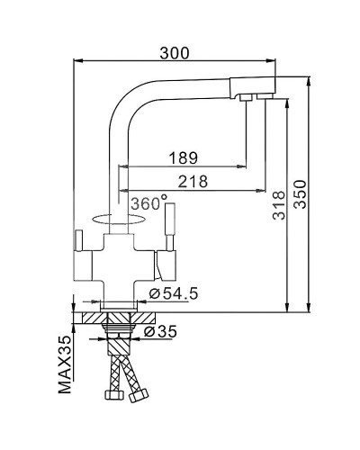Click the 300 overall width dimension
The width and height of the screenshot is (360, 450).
point(174,52)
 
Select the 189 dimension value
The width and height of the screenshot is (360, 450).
point(184,157)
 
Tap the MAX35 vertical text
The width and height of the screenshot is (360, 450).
point(64,366)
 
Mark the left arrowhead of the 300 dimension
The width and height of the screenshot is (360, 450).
point(76,61)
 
